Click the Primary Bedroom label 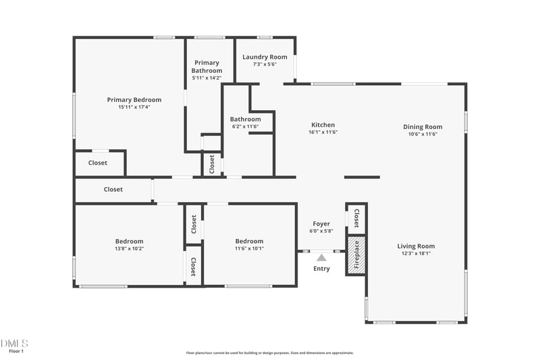(129, 100)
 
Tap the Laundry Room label (265, 57)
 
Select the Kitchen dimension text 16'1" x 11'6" (323, 132)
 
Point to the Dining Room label (423, 127)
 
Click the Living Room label (416, 247)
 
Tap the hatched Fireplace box (356, 255)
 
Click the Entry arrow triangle (322, 257)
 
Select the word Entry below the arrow (322, 269)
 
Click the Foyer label (321, 224)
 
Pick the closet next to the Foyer (356, 218)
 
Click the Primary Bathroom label (207, 66)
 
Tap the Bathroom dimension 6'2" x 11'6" (245, 126)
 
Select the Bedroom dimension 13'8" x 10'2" (129, 249)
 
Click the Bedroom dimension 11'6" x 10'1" (249, 249)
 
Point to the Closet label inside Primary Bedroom (98, 163)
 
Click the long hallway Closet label (113, 190)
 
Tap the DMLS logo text (15, 343)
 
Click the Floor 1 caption (16, 351)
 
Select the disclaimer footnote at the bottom (270, 353)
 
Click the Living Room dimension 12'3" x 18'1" (416, 254)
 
